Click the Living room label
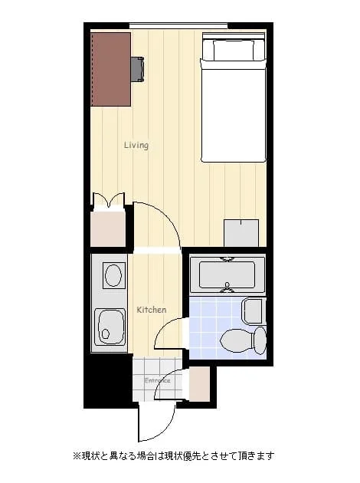pyautogui.click(x=136, y=145)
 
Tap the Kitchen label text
pyautogui.click(x=152, y=310)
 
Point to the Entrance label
pyautogui.click(x=157, y=381)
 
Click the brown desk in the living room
pyautogui.click(x=111, y=69)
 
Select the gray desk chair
pyautogui.click(x=138, y=69)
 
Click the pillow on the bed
pyautogui.click(x=234, y=50)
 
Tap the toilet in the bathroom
pyautogui.click(x=244, y=340)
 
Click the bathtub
pyautogui.click(x=227, y=274)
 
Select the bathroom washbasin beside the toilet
pyautogui.click(x=254, y=310)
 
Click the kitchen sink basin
pyautogui.click(x=110, y=327)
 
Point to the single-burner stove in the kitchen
pyautogui.click(x=114, y=275)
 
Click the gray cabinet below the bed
pyautogui.click(x=241, y=233)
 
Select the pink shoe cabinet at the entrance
pyautogui.click(x=199, y=383)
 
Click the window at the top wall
pyautogui.click(x=178, y=26)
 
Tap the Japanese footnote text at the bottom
pyautogui.click(x=174, y=455)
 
